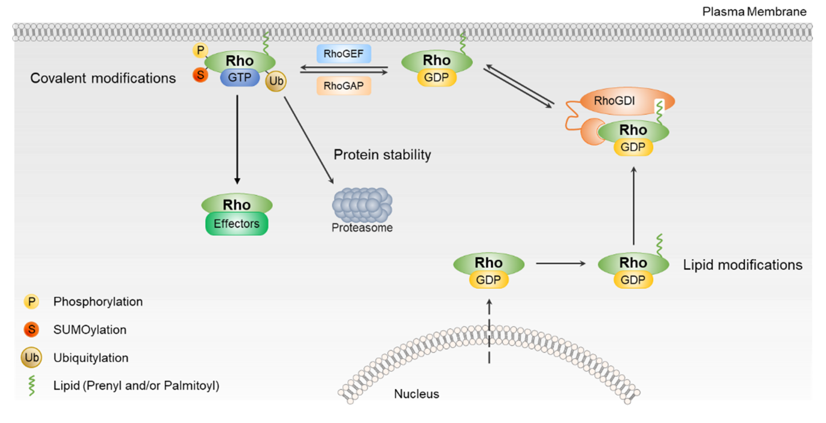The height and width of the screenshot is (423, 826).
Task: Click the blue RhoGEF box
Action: pos(344,54)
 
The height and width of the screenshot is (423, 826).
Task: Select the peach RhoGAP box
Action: pos(344,86)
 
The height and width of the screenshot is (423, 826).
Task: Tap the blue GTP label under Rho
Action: pos(240,77)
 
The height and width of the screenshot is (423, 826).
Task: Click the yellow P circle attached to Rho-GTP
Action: pos(200,50)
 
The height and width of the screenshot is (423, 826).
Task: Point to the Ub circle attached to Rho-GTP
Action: pos(276,81)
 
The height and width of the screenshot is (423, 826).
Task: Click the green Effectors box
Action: pos(237,224)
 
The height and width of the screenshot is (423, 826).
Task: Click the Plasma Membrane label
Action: pos(754,12)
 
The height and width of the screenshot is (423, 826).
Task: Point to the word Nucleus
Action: pos(416,394)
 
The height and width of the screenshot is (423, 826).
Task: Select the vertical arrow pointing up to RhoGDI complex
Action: pos(634,205)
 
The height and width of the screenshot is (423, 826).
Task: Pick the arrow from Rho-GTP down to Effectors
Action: pos(237,139)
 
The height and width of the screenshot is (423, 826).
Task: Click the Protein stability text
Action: pos(382,155)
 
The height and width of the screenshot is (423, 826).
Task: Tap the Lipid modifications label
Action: pos(742,265)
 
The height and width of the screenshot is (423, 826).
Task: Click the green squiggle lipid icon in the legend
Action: pos(32,386)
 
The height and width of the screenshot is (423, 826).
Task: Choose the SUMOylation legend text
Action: pos(90,330)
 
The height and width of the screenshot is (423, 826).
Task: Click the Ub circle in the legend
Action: pos(32,357)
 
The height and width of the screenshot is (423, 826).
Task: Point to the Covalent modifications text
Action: pos(103,78)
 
